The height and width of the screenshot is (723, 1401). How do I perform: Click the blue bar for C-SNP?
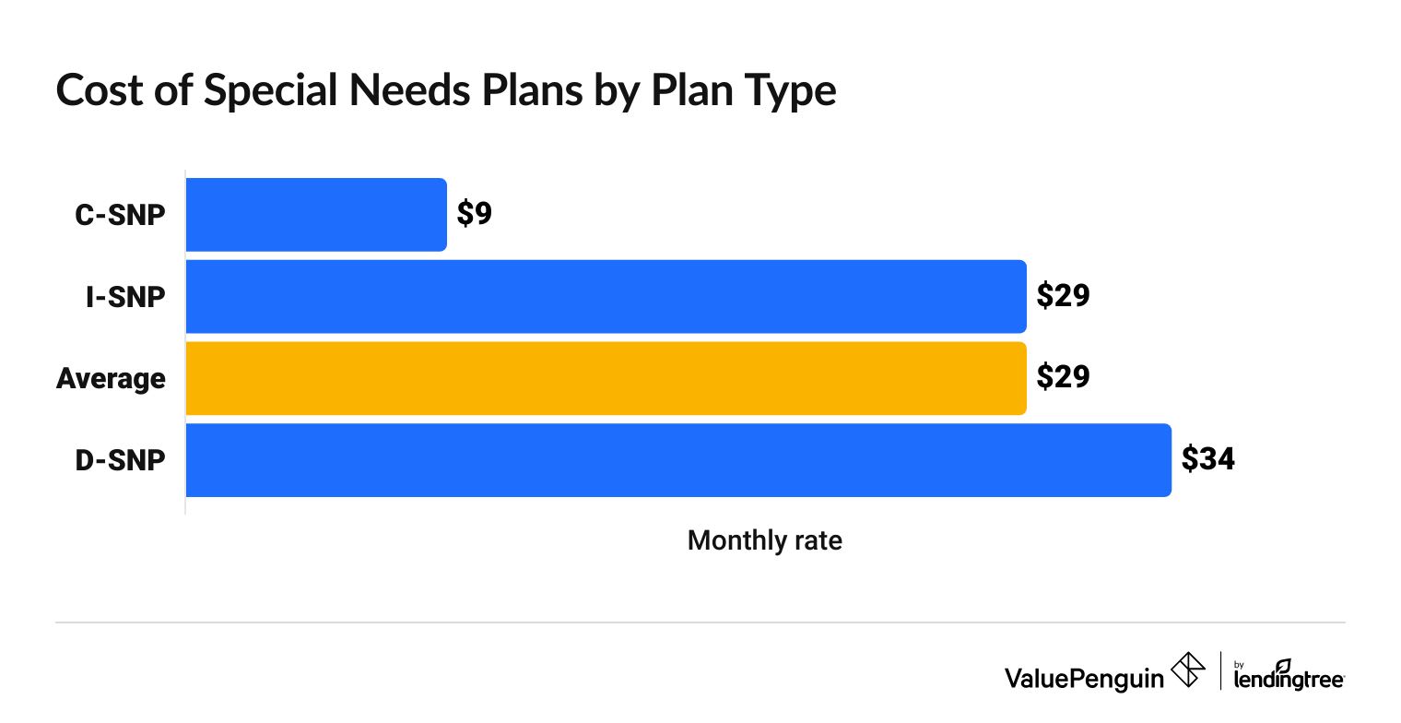316,215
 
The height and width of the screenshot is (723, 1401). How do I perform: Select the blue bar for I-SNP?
606,296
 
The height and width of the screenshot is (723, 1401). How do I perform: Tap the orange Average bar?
606,378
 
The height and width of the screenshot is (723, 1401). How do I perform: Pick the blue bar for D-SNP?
678,460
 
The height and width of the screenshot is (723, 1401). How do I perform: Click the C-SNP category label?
121,215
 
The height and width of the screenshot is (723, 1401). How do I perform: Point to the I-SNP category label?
125,296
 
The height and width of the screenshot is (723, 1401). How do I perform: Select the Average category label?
111,378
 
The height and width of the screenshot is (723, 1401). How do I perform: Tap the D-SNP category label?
121,460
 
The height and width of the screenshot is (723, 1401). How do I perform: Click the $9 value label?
475,214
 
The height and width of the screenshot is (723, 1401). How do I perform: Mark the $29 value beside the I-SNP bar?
1063,296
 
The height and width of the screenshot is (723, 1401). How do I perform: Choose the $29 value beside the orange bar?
1063,378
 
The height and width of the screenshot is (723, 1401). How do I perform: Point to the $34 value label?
1207,459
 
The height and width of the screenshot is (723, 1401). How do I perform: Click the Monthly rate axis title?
765,540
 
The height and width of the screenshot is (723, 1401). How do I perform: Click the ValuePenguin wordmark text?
1084,678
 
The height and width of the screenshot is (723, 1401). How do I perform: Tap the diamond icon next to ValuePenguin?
1188,670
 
